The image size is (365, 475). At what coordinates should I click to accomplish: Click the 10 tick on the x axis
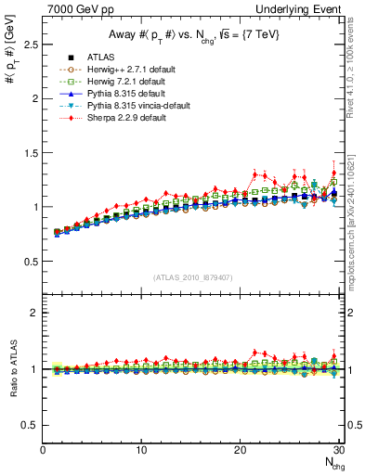coord(141,450)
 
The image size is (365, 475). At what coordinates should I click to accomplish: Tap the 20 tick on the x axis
coord(240,450)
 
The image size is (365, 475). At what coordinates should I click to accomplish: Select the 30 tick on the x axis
coord(338,450)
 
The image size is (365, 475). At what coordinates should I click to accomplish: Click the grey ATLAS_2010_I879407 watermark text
coord(193,276)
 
